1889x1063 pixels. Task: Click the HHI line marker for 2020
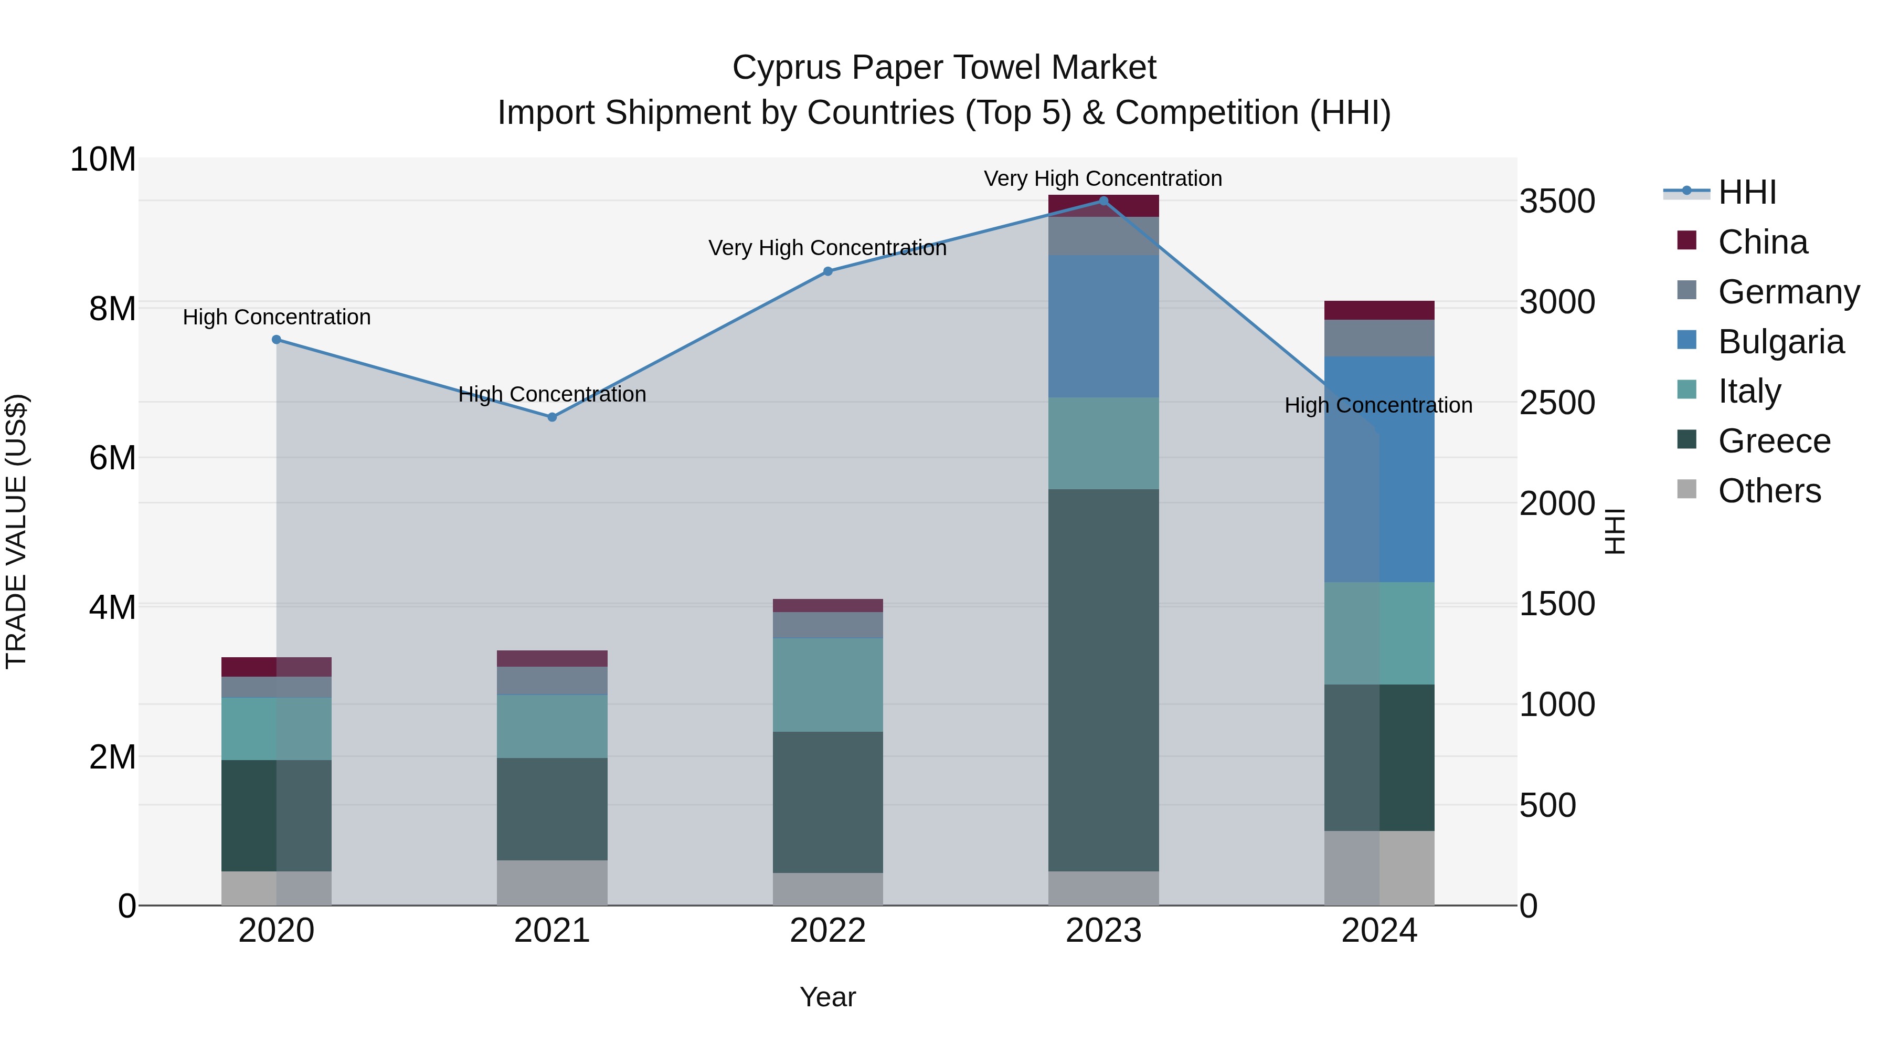pos(277,340)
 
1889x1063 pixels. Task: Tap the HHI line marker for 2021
pos(552,417)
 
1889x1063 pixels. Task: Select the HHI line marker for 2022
pos(828,271)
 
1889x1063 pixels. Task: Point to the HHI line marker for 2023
pos(1103,201)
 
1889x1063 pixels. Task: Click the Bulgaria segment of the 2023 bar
pos(1103,327)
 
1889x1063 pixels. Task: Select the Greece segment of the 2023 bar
pos(1103,680)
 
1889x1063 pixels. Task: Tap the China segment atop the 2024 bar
pos(1379,310)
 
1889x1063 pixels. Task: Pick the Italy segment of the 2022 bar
pos(828,685)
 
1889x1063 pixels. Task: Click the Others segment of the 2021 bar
pos(552,882)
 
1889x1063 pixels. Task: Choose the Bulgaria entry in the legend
pos(1780,342)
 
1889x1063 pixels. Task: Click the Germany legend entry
pos(1788,292)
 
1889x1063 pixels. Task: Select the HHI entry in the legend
pos(1747,192)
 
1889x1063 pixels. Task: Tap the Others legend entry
pos(1769,491)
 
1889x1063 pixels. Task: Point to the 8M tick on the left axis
pos(112,309)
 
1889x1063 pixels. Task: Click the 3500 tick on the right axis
pos(1557,201)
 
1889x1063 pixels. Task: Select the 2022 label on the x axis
pos(828,931)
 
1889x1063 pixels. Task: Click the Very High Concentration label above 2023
pos(1103,178)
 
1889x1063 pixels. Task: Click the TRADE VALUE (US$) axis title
pos(16,531)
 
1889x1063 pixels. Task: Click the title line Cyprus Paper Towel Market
pos(944,68)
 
